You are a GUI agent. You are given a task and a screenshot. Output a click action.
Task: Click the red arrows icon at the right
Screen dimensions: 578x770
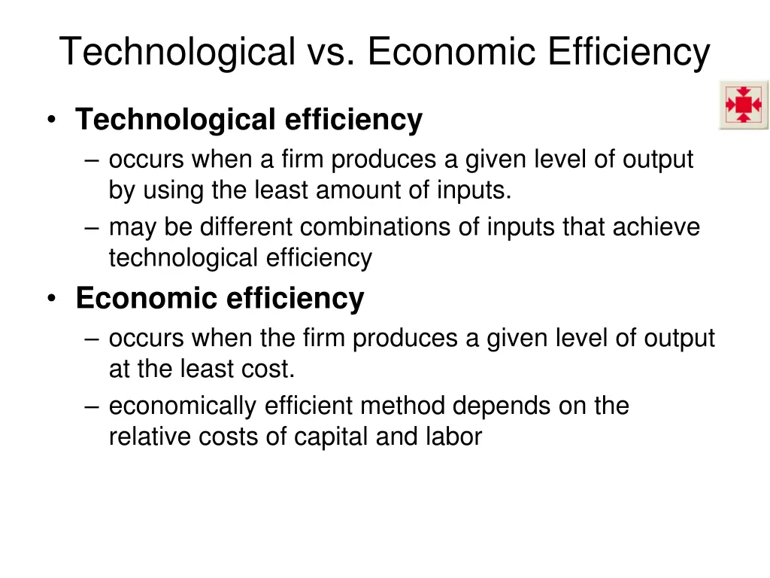pyautogui.click(x=743, y=105)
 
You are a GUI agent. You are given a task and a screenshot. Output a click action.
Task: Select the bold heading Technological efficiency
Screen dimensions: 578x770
pyautogui.click(x=249, y=120)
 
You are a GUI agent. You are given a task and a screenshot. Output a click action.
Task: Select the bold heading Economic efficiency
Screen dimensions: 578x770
pyautogui.click(x=220, y=299)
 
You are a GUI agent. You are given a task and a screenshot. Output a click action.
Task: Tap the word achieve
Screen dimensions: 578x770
pyautogui.click(x=656, y=227)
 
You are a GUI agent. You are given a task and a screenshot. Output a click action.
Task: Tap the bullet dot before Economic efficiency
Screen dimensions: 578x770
pyautogui.click(x=50, y=300)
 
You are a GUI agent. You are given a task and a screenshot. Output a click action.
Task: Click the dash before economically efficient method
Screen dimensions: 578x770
pyautogui.click(x=93, y=406)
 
